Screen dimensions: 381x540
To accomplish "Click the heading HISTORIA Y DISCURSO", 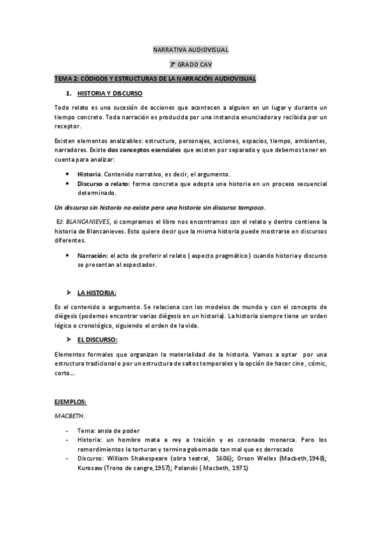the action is coord(113,93).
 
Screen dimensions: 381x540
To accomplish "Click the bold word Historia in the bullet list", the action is coord(88,174).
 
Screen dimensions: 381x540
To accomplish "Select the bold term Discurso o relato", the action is coord(103,183).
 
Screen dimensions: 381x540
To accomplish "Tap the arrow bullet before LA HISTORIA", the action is coord(68,292).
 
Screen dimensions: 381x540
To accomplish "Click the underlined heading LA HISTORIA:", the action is coord(97,292).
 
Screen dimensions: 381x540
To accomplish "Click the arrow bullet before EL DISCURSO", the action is coord(68,339).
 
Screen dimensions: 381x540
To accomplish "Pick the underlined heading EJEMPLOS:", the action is coord(70,402).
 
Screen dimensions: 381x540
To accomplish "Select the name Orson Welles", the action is coord(258,458).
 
